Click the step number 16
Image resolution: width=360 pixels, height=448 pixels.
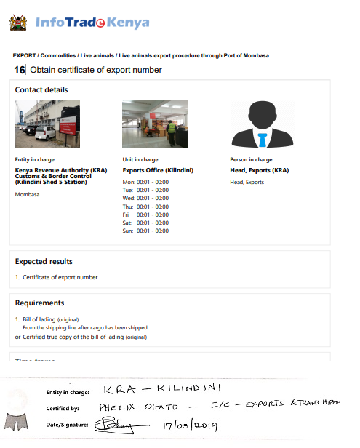tap(19, 70)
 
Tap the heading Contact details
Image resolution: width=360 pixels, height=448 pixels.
tap(41, 90)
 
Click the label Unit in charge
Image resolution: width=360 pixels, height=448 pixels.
tap(140, 160)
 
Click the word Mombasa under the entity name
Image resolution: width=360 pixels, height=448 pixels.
tap(26, 196)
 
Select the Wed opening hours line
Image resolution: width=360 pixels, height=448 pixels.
tap(145, 198)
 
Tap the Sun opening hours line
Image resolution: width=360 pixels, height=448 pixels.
tap(145, 231)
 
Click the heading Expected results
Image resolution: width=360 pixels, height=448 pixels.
tap(44, 262)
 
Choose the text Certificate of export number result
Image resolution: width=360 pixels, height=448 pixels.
tap(59, 277)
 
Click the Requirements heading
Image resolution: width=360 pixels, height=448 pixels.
tap(40, 303)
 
